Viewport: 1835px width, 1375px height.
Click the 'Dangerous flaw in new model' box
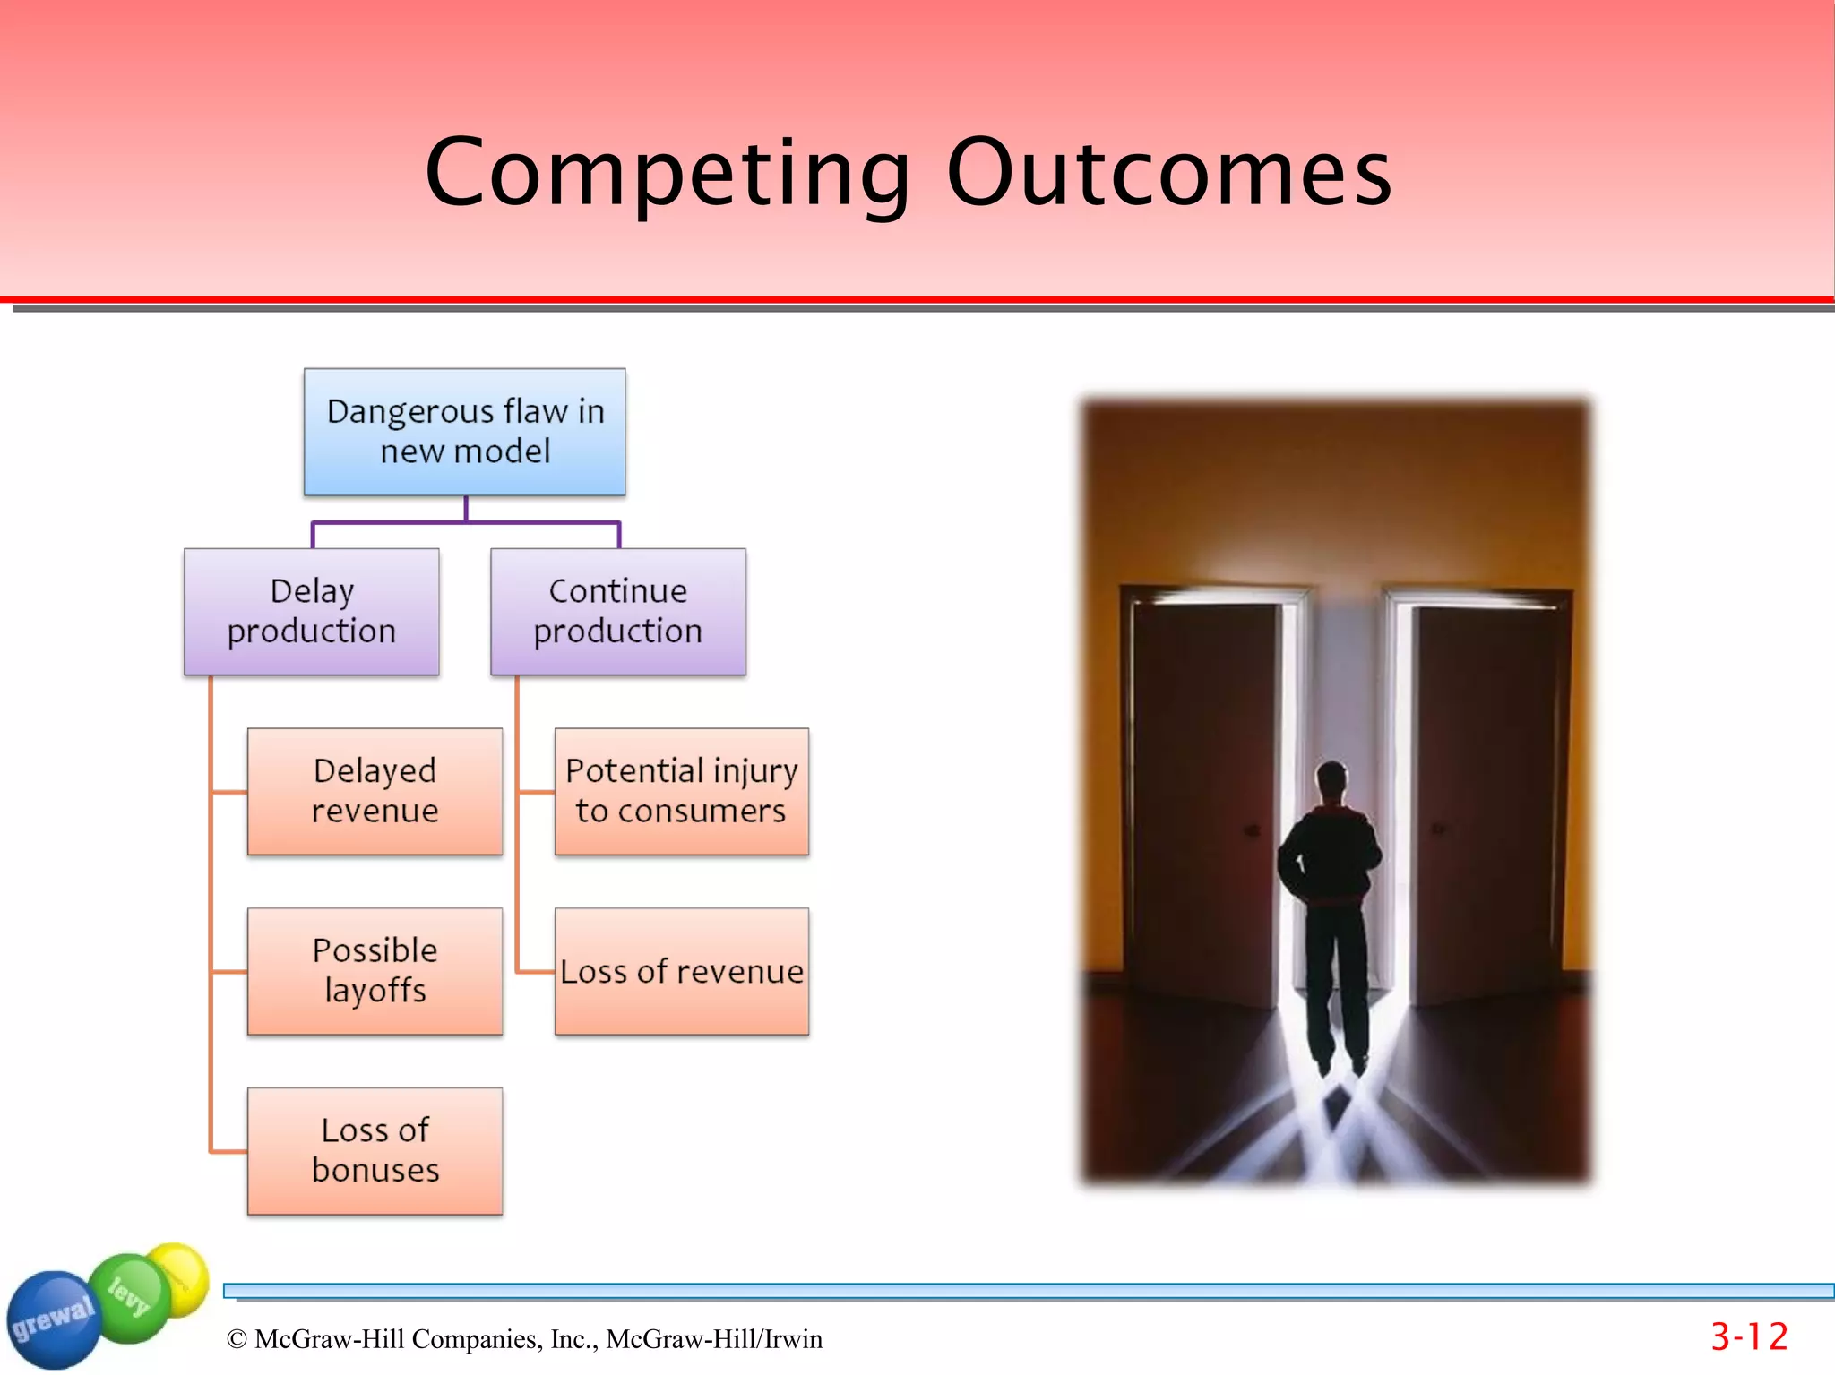465,432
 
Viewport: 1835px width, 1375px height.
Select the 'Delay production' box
311,612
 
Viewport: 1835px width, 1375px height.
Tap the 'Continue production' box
618,612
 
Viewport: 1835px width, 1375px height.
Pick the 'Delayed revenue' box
375,791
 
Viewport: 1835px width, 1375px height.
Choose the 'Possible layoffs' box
375,971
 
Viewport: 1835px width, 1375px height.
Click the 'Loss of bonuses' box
375,1151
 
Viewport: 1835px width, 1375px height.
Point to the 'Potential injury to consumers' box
682,791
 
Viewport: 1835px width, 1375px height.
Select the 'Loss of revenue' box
682,972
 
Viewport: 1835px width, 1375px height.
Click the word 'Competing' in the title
668,173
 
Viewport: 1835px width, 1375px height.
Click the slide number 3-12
1749,1337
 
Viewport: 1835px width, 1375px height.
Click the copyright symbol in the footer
237,1339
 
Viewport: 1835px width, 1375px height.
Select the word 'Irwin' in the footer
792,1339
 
